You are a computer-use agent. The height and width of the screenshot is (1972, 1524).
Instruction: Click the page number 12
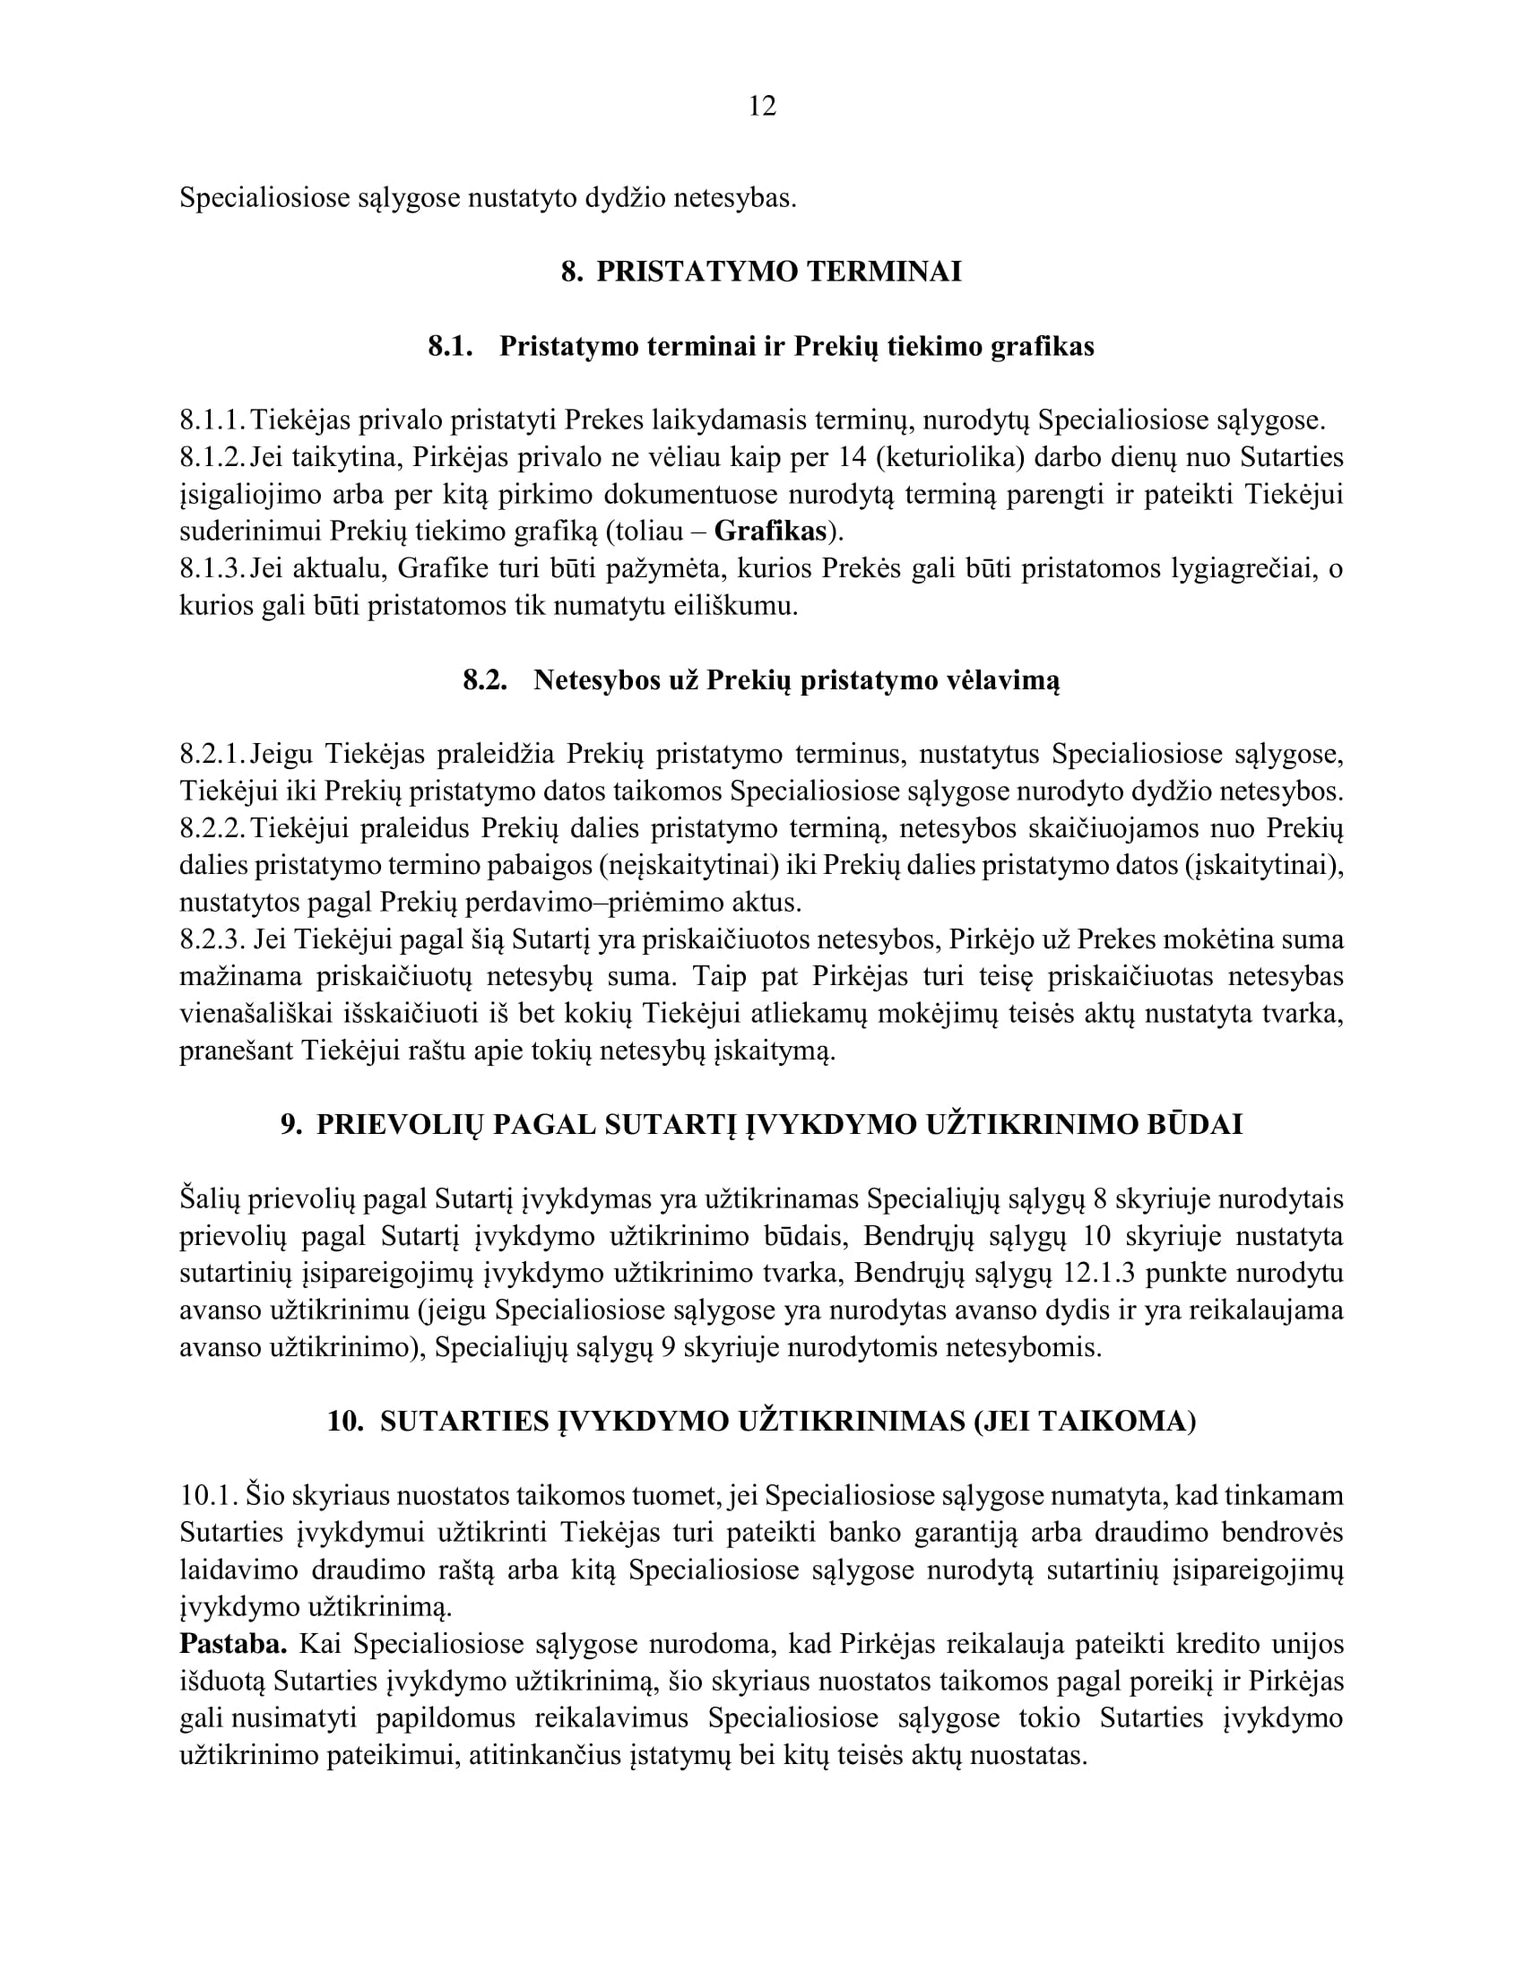(x=762, y=107)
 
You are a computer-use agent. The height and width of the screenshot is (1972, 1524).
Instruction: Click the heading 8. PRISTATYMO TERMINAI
(x=761, y=272)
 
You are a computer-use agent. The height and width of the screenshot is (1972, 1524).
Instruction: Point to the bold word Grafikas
(x=770, y=532)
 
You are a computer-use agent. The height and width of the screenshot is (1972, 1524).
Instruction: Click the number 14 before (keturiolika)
(x=853, y=458)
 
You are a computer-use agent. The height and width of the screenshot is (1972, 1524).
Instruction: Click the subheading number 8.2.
(x=485, y=681)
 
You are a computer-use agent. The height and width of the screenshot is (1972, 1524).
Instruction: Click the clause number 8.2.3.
(x=212, y=940)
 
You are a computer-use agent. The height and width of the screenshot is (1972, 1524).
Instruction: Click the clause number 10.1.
(x=209, y=1496)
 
